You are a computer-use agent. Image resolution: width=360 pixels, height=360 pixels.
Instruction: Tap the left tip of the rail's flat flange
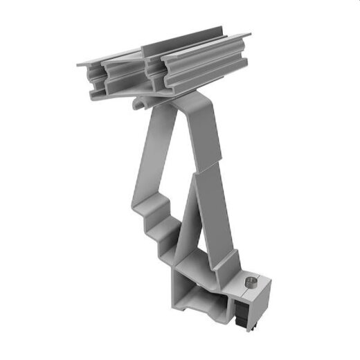tap(80, 64)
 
